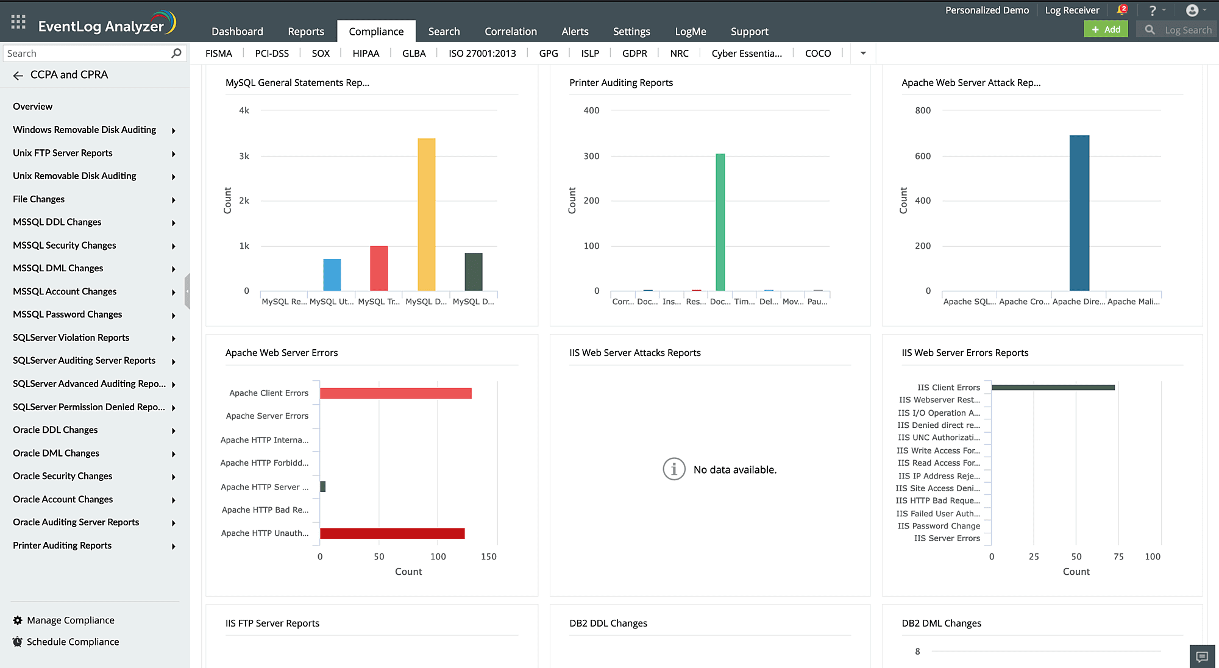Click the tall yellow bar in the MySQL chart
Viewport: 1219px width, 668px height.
point(426,215)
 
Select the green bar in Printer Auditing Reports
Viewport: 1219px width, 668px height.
point(720,222)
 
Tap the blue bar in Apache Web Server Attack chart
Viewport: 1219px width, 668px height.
point(1079,213)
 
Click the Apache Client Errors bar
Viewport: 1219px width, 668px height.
point(396,393)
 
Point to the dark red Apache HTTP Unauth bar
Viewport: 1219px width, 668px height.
point(392,533)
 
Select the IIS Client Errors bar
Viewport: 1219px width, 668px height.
point(1053,388)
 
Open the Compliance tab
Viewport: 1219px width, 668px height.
point(376,31)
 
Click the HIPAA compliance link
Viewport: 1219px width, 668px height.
point(366,53)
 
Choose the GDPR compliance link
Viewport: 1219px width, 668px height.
point(634,53)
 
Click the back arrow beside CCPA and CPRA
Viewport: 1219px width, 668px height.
point(18,75)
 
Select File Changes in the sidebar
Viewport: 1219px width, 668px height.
point(38,199)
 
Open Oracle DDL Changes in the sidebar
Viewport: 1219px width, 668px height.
point(55,430)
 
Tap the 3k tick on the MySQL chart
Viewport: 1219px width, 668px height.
point(244,156)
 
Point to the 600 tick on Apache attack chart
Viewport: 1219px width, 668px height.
point(922,156)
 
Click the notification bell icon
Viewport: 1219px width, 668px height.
point(1121,10)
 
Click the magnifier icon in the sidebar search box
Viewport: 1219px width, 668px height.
point(176,53)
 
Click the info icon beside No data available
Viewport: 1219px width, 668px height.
point(673,469)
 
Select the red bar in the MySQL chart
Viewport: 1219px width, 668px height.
point(378,268)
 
